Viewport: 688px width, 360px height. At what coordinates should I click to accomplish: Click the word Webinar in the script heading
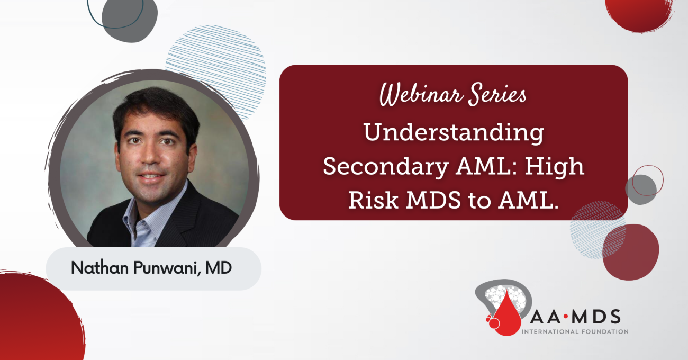click(421, 94)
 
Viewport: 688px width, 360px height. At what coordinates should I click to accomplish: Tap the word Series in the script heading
click(497, 94)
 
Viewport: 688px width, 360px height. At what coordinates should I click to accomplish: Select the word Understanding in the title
click(454, 133)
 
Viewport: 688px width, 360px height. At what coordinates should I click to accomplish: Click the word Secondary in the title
click(386, 167)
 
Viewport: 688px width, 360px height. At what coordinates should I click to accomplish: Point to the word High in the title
click(555, 166)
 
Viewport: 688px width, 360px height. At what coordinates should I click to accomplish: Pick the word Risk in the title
click(374, 200)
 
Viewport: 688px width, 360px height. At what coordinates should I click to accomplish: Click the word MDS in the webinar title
click(433, 200)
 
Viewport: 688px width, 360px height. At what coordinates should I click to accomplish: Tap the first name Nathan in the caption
click(100, 267)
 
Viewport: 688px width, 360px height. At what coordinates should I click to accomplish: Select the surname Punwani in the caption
click(167, 268)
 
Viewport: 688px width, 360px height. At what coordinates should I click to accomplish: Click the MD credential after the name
click(219, 267)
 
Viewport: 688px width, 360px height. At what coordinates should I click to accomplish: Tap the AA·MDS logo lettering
click(575, 317)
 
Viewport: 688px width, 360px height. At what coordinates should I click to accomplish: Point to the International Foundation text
click(575, 331)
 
